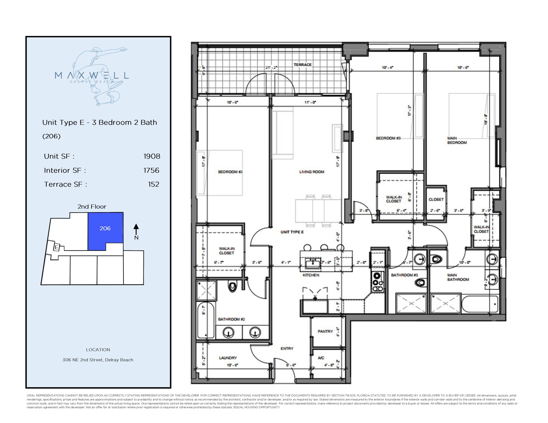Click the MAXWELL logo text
click(92, 75)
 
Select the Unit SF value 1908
click(152, 156)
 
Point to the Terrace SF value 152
click(153, 184)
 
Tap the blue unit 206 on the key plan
click(105, 228)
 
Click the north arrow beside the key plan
click(136, 229)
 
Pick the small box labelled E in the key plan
click(57, 247)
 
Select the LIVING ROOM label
click(311, 172)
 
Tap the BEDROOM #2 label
click(230, 172)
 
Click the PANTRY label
click(325, 331)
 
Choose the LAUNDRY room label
click(228, 358)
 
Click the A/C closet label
click(321, 358)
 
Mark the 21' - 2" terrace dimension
click(271, 67)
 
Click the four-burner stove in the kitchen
click(378, 282)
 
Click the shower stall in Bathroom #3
click(411, 304)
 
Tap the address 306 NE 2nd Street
click(98, 360)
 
